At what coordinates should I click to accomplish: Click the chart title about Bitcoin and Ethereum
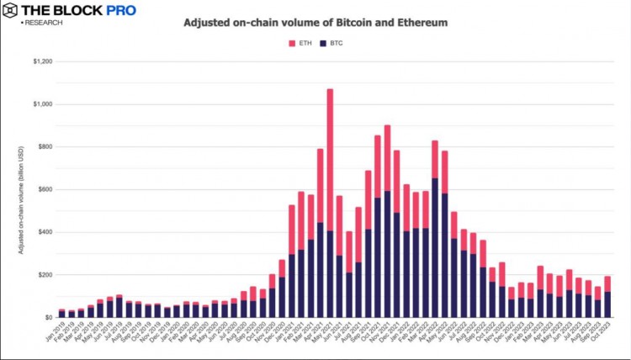point(316,23)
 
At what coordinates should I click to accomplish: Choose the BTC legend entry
point(331,42)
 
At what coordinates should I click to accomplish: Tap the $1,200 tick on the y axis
point(42,61)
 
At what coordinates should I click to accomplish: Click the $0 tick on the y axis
point(49,317)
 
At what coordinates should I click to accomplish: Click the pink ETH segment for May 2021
point(330,160)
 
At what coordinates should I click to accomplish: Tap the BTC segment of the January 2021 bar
point(292,285)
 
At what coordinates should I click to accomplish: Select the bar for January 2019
point(61,314)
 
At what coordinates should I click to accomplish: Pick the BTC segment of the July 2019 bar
point(119,307)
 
